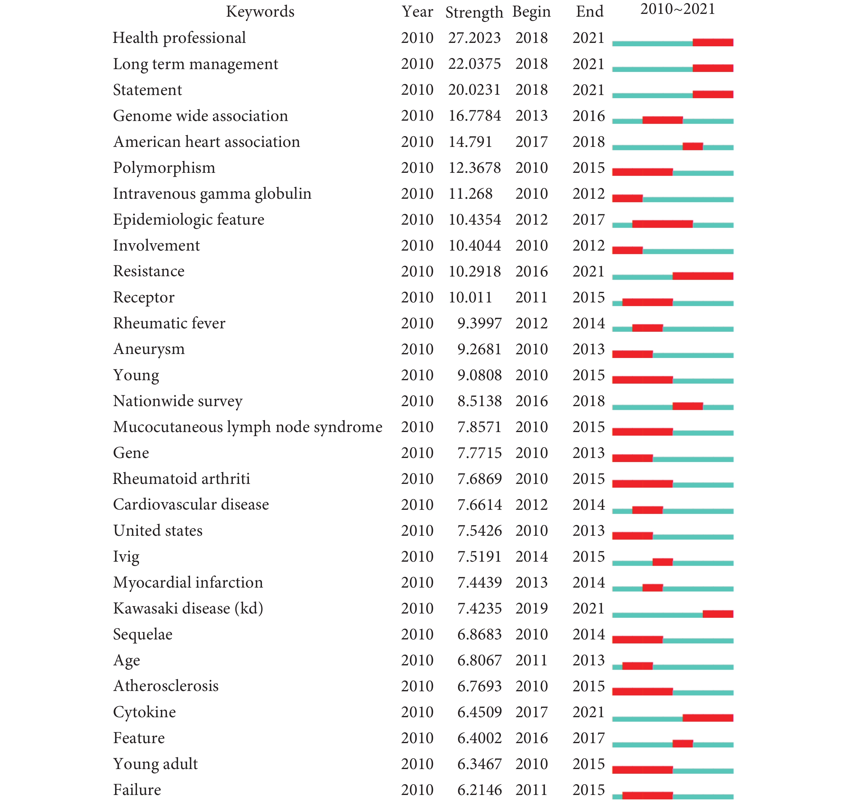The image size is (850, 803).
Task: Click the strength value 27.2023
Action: pos(474,38)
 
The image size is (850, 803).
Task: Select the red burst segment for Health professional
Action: pos(713,42)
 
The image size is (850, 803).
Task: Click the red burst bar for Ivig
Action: pos(662,562)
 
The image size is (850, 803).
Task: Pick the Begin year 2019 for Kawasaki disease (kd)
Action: pos(531,608)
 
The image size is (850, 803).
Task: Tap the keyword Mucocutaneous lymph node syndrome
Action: pos(248,427)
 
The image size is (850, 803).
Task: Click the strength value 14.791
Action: pos(470,142)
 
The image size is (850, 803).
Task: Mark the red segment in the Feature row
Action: pos(683,743)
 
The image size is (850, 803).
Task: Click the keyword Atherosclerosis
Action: pos(166,686)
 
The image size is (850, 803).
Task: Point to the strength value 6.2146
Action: pos(480,790)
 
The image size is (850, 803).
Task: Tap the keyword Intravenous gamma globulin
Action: pos(212,194)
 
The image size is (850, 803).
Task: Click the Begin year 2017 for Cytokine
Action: pos(531,712)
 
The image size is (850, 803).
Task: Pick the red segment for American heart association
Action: pos(693,146)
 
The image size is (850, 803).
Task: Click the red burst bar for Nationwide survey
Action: pos(687,406)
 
